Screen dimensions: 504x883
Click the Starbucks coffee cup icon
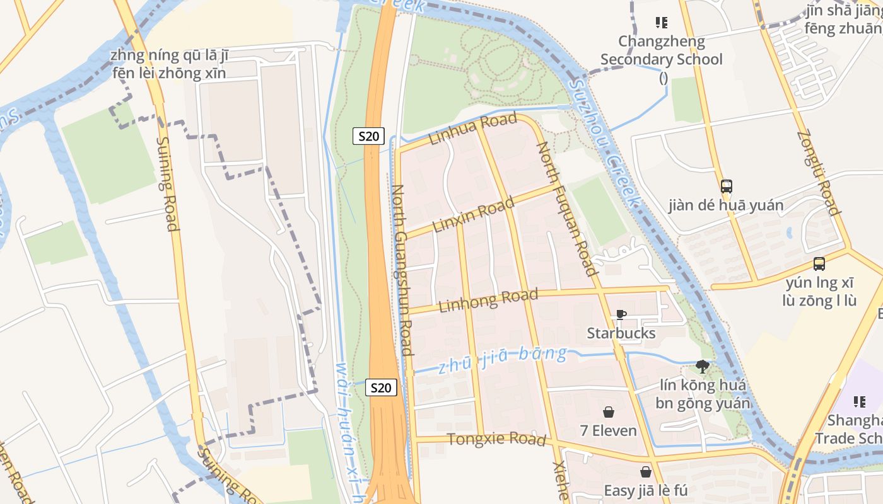coord(621,314)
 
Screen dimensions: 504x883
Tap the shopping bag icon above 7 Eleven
coord(609,412)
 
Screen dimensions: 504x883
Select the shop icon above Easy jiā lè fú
coord(645,471)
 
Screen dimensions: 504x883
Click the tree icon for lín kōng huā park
coord(702,366)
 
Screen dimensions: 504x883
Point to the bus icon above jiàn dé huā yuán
coord(726,186)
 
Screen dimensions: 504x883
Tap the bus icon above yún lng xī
coord(819,264)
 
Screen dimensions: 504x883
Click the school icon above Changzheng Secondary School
coord(661,23)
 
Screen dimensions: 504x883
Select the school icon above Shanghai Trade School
coord(859,401)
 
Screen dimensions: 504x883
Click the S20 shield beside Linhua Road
coord(368,136)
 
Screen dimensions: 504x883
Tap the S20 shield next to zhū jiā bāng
coord(381,388)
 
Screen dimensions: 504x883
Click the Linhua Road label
coord(472,129)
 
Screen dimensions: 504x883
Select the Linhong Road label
coord(488,301)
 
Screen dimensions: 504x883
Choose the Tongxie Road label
coord(496,438)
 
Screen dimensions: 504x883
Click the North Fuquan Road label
coord(566,209)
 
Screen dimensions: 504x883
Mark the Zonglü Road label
coord(818,173)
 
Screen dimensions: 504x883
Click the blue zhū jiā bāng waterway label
coord(503,360)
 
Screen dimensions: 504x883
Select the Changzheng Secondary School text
coord(661,50)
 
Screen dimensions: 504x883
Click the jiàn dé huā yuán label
coord(726,205)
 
